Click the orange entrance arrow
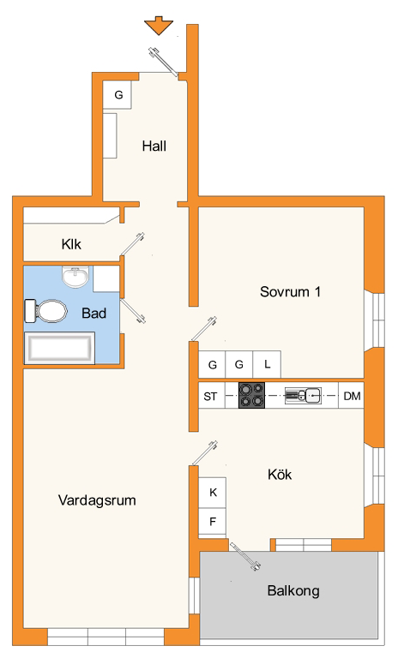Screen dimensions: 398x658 click(159, 25)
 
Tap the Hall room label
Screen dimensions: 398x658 click(154, 146)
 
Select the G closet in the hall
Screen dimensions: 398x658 click(118, 95)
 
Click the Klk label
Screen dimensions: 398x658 click(71, 244)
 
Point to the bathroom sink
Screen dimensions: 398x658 click(75, 277)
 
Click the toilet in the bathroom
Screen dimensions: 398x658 click(46, 311)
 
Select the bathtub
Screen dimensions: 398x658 click(59, 348)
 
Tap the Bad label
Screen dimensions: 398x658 click(93, 313)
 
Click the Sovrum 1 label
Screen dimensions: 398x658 click(291, 291)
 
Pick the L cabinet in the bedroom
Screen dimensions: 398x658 click(267, 364)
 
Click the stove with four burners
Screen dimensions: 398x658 click(251, 395)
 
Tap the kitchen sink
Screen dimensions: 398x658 click(303, 395)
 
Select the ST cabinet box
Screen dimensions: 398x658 click(211, 395)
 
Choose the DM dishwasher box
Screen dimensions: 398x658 click(352, 395)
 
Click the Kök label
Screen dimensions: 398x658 click(280, 475)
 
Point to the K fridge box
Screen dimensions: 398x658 click(212, 493)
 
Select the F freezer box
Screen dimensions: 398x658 click(212, 522)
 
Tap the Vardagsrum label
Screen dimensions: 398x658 click(97, 500)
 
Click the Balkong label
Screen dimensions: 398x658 click(293, 591)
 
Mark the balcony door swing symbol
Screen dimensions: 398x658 click(245, 556)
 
